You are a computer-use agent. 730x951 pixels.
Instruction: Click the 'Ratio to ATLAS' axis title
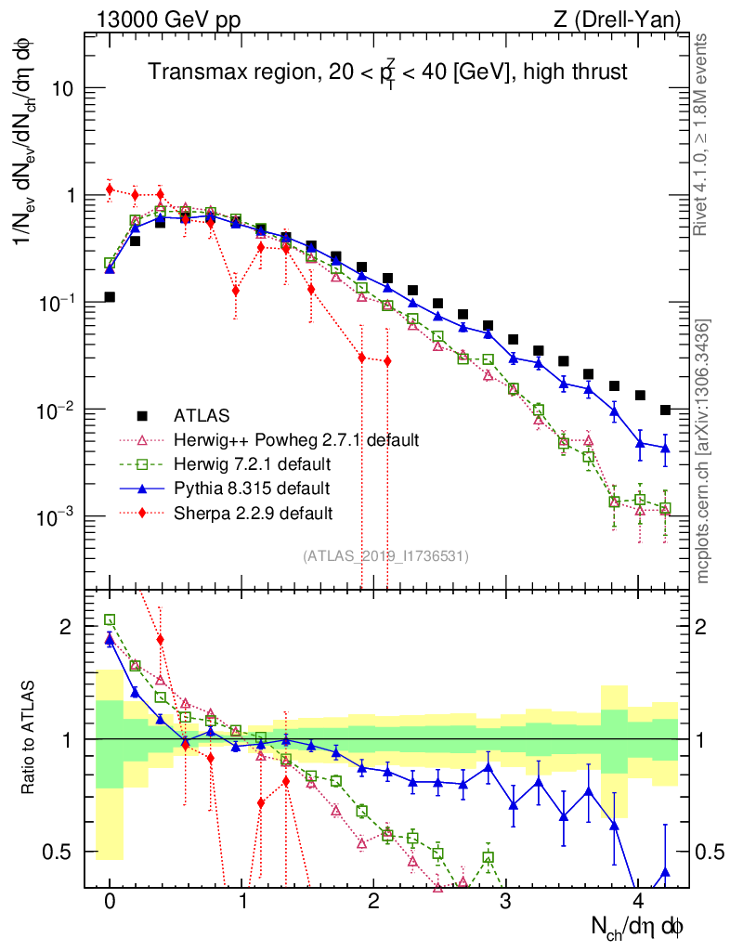[x=33, y=739]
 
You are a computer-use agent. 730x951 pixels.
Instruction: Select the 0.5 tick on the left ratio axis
[x=57, y=852]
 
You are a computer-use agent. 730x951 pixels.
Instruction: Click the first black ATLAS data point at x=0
[x=110, y=297]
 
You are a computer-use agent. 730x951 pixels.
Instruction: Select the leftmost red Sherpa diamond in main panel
[x=110, y=189]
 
